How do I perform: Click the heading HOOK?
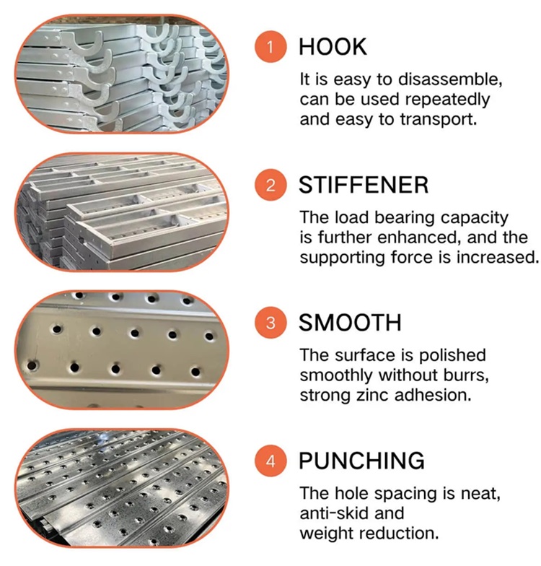coord(333,47)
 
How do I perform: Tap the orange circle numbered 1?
coord(270,47)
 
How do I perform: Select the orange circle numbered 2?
coord(270,185)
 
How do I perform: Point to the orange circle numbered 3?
coord(270,322)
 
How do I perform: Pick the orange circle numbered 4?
coord(270,461)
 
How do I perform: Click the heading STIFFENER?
coord(364,185)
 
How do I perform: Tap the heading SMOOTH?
coord(350,322)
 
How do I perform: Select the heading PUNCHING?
coord(362,461)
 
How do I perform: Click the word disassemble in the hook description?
coord(450,79)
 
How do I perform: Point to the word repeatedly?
coord(447,100)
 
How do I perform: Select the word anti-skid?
coord(334,513)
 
